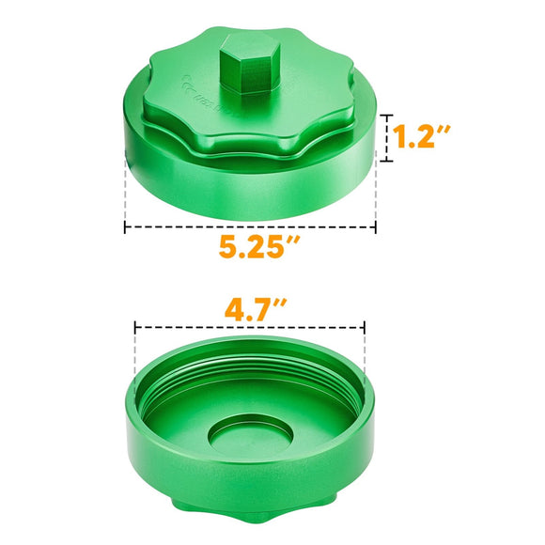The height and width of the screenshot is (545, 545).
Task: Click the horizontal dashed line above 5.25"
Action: (x=250, y=226)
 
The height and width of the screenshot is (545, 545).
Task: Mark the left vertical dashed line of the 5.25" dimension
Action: (x=124, y=193)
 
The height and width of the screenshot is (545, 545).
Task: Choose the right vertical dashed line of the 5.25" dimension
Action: (x=377, y=193)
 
